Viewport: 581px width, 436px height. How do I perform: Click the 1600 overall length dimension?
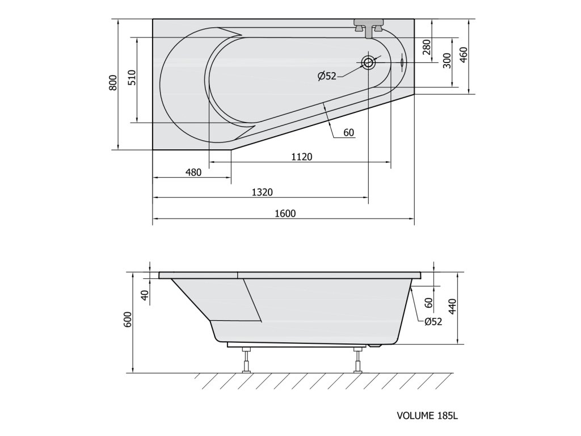tap(285, 213)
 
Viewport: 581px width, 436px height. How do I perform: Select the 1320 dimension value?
tap(262, 192)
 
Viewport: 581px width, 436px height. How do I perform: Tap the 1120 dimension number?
tap(302, 157)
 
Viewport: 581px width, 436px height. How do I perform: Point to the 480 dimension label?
tap(193, 173)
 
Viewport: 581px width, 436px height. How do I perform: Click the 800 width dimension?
tap(113, 83)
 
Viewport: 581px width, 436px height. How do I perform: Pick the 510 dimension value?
tap(132, 78)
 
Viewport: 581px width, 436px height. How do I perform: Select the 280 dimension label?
tap(427, 47)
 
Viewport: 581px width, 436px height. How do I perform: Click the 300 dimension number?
tap(447, 60)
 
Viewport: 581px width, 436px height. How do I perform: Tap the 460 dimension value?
tap(463, 55)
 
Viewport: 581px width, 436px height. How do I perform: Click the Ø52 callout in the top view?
tap(327, 77)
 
